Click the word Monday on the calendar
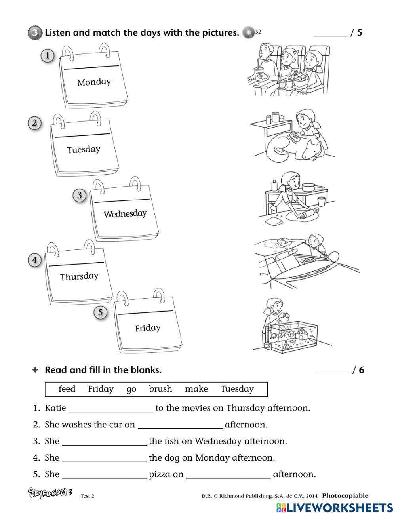click(x=94, y=82)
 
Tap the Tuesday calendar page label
click(x=84, y=150)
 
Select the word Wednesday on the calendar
click(x=125, y=214)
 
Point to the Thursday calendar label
click(x=79, y=276)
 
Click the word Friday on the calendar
click(x=148, y=328)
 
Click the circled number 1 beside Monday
click(x=48, y=55)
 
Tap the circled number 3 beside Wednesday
click(x=80, y=195)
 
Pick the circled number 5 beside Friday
click(x=101, y=312)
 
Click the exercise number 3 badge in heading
click(x=35, y=32)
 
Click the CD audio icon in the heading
click(x=248, y=32)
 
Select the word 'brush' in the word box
click(x=160, y=389)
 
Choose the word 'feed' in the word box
click(x=67, y=389)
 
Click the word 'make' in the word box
click(x=196, y=389)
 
